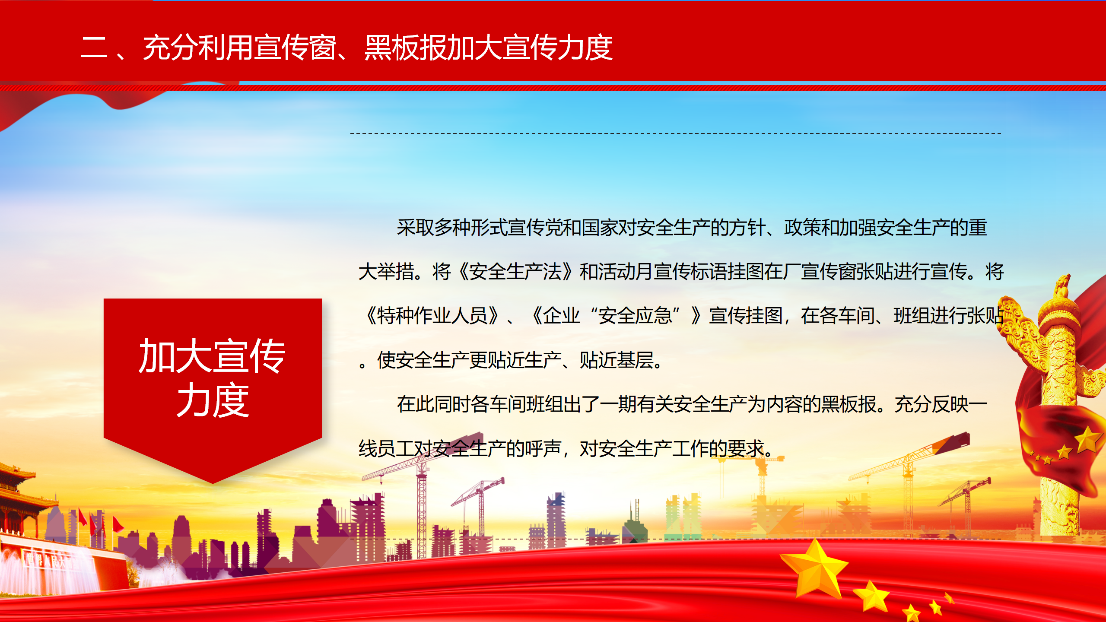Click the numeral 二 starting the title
tap(94, 47)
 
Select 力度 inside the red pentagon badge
tap(213, 400)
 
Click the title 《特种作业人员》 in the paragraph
tap(432, 316)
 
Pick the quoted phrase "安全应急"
tap(635, 316)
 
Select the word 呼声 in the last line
tap(543, 448)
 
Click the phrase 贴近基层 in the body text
tap(617, 360)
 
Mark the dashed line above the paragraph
tap(676, 133)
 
